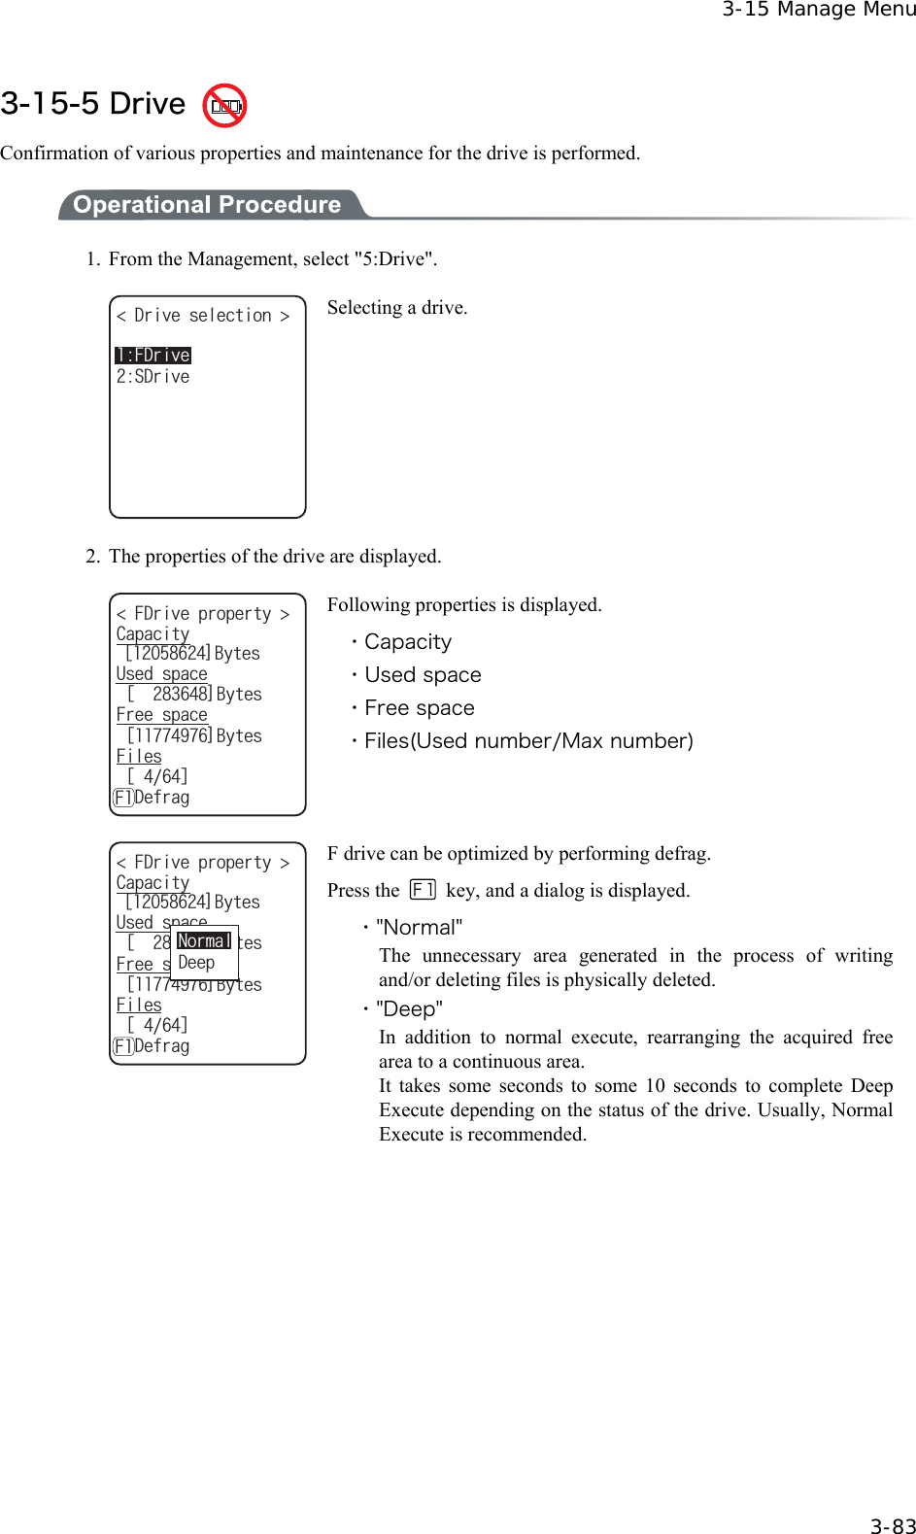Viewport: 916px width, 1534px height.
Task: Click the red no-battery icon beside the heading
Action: coord(224,106)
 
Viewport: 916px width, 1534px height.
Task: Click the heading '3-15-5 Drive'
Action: coord(93,104)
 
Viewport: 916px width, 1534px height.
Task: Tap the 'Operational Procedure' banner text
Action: coord(207,205)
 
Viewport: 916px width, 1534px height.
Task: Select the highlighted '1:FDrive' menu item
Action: coord(153,356)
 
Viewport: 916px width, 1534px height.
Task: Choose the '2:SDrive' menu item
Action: coord(153,377)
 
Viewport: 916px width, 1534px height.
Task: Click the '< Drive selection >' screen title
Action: coord(203,316)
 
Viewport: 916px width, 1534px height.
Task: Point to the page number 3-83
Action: coord(892,1526)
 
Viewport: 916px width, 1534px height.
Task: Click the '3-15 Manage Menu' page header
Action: coord(818,10)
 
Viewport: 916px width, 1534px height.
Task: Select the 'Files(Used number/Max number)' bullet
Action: coord(528,741)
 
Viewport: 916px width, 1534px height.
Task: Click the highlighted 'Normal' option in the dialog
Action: coord(204,941)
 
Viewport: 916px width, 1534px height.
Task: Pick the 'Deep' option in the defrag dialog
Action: coord(196,963)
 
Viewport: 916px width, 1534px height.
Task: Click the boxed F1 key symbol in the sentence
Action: coord(423,890)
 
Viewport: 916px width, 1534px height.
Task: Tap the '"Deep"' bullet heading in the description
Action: coord(409,1009)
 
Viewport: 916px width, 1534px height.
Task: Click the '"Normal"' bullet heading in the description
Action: coord(419,928)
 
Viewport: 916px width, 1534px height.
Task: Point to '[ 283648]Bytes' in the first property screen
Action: coord(194,695)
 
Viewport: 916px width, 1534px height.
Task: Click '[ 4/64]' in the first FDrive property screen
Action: coord(157,776)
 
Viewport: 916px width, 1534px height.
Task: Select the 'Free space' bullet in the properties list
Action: coord(420,708)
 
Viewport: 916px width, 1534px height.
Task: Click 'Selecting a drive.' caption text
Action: coord(397,308)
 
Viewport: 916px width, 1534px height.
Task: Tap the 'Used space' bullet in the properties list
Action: coord(423,675)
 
